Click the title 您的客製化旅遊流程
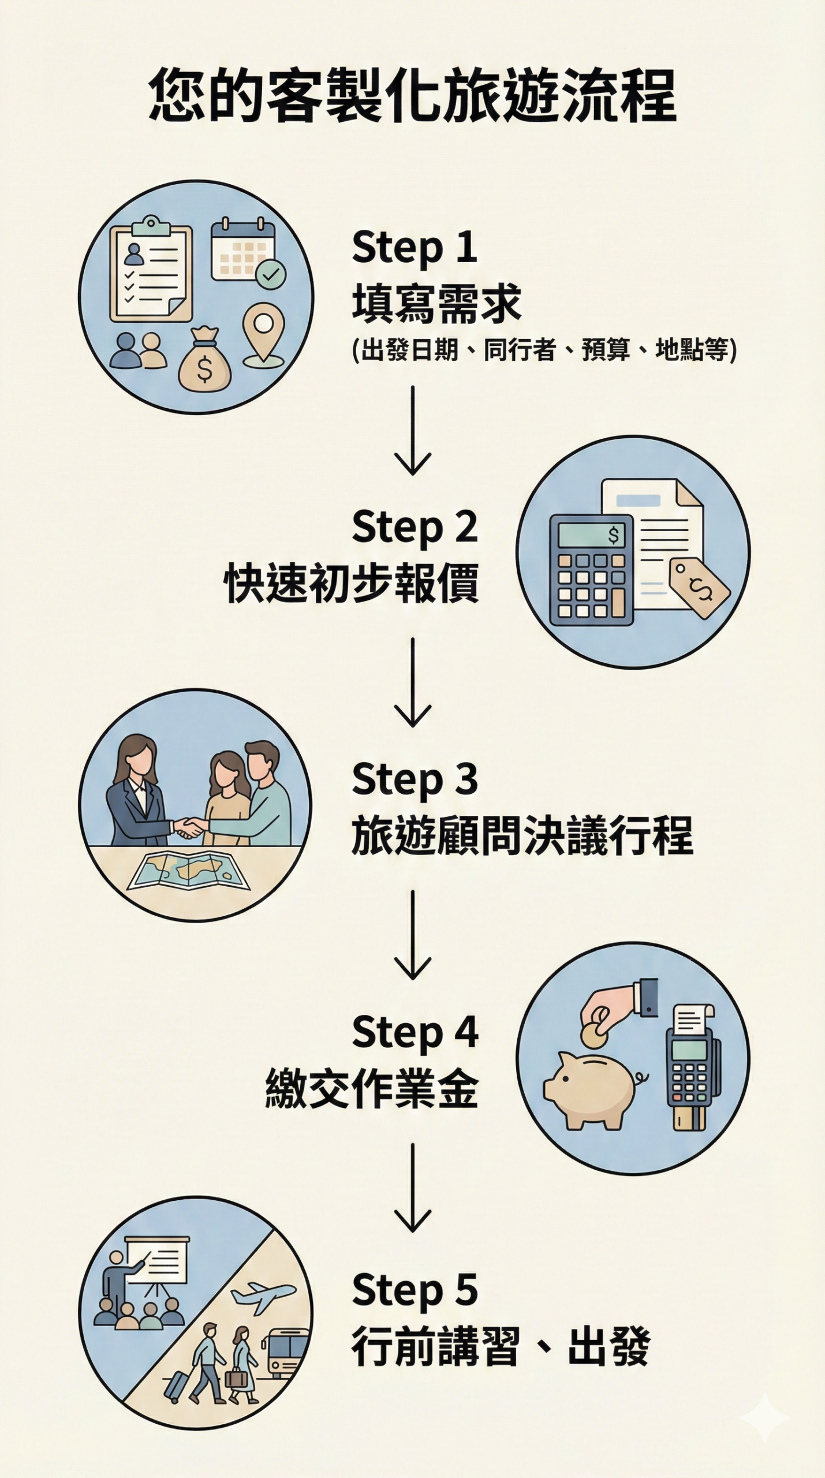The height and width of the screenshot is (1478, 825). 412,95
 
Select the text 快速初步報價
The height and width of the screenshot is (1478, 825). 351,584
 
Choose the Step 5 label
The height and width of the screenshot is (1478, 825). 415,1290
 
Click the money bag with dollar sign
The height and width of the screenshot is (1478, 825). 205,360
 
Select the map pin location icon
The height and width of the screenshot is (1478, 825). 263,335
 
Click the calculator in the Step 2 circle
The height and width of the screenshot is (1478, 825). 591,570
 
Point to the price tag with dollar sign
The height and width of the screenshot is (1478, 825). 699,588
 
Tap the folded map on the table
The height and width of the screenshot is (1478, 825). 188,871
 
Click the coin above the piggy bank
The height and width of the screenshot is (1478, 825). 593,1036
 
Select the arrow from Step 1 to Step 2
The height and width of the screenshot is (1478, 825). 413,431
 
